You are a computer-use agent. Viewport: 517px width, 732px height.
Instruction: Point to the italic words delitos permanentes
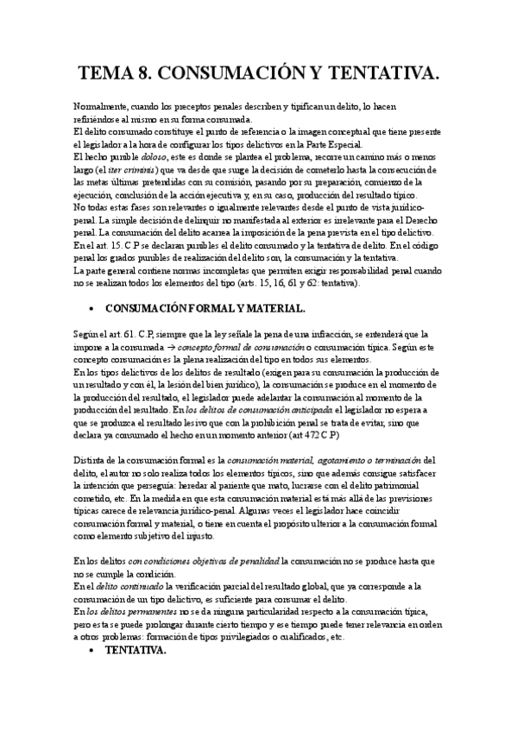[x=126, y=612]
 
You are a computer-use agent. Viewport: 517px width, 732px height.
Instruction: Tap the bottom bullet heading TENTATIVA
[x=136, y=651]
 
